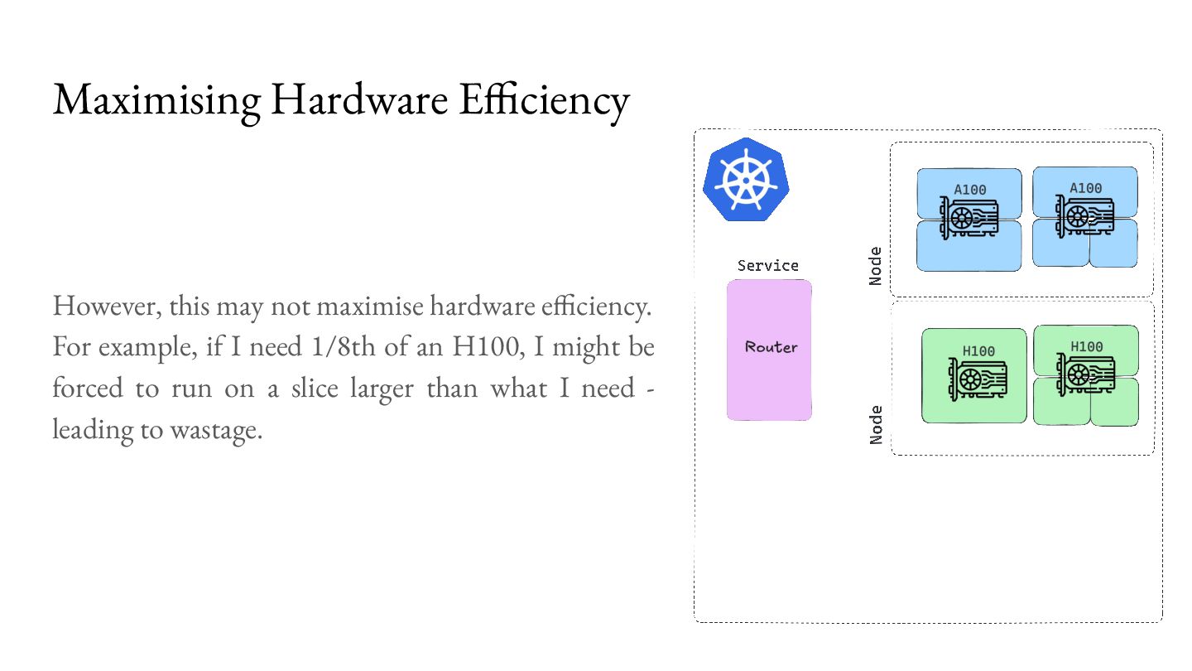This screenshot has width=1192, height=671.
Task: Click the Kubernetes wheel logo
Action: [745, 181]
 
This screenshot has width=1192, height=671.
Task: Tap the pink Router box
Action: [769, 350]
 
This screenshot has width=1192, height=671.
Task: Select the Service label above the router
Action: [768, 266]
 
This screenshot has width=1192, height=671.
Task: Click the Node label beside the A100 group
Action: [876, 266]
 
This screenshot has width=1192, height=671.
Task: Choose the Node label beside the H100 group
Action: [877, 423]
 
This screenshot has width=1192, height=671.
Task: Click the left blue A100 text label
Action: [970, 190]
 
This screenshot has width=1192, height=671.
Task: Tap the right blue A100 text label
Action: [1086, 188]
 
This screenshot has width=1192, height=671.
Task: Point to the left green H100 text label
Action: [978, 351]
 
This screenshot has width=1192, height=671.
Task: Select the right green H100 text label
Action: [1087, 346]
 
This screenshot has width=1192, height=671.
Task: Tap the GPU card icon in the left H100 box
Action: [977, 379]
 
